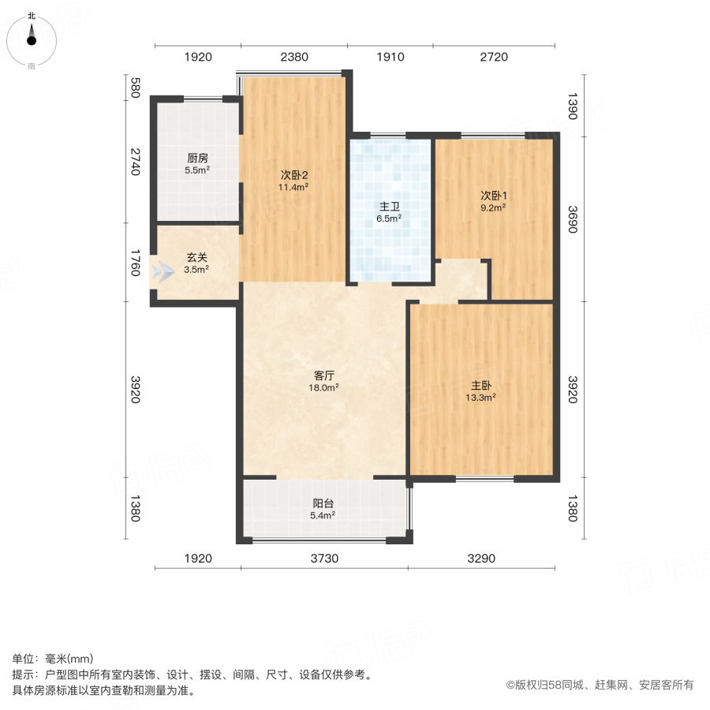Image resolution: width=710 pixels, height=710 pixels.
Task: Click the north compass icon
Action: click(x=32, y=39)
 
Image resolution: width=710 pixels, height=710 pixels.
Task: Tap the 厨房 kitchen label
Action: click(x=197, y=158)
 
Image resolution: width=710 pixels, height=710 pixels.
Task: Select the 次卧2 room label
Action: click(x=293, y=175)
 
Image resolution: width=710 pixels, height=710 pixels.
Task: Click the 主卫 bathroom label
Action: click(x=390, y=207)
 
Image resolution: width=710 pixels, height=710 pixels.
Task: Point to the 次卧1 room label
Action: click(x=493, y=196)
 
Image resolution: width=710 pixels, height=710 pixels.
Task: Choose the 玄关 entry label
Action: click(x=197, y=257)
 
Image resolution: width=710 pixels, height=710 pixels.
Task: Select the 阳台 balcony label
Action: click(x=323, y=503)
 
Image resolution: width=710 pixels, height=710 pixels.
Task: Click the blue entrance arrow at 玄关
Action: click(x=163, y=272)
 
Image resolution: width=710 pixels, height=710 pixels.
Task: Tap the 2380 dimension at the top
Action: click(x=293, y=57)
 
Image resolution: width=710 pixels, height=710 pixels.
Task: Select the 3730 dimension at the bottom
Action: click(x=323, y=559)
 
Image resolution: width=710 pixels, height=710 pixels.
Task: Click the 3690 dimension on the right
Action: click(x=574, y=219)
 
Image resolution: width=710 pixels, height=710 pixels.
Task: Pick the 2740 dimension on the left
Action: click(x=135, y=162)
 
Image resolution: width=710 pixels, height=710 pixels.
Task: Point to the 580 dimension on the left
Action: click(x=135, y=87)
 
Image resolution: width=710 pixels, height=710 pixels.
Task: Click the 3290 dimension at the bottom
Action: click(x=480, y=559)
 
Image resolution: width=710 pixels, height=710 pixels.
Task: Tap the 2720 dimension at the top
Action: click(x=494, y=57)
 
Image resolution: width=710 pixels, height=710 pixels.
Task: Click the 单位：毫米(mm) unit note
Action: click(x=53, y=660)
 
